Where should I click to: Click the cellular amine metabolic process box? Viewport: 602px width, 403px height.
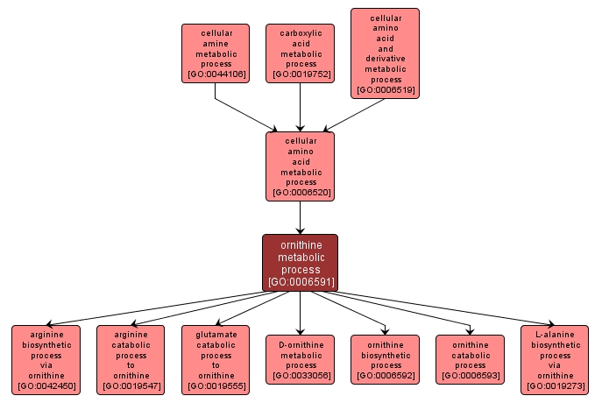[x=216, y=53]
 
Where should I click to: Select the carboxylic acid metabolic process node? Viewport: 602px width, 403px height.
[x=301, y=53]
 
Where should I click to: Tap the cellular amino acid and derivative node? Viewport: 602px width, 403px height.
[x=385, y=53]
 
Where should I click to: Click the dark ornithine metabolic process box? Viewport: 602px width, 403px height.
[x=301, y=262]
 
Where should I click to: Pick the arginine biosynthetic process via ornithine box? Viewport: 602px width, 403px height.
[x=46, y=359]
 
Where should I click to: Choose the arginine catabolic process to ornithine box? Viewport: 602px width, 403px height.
[x=131, y=359]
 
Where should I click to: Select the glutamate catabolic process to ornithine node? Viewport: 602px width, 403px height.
[x=216, y=359]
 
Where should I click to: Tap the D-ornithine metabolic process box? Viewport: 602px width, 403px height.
[x=301, y=359]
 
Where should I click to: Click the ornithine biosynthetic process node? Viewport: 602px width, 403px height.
[x=386, y=359]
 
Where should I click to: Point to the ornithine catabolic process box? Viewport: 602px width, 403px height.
[x=470, y=359]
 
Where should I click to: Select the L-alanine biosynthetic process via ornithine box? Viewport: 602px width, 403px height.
[x=555, y=359]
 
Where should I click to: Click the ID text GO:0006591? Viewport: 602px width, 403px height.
[x=301, y=282]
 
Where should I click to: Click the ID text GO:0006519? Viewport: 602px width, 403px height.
[x=385, y=89]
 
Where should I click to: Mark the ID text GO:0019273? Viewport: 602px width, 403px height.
[x=555, y=386]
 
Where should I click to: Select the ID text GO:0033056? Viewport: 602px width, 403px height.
[x=301, y=376]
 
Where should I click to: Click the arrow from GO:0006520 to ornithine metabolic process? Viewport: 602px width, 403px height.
[x=301, y=217]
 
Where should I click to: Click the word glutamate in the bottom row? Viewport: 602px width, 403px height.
[x=216, y=334]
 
